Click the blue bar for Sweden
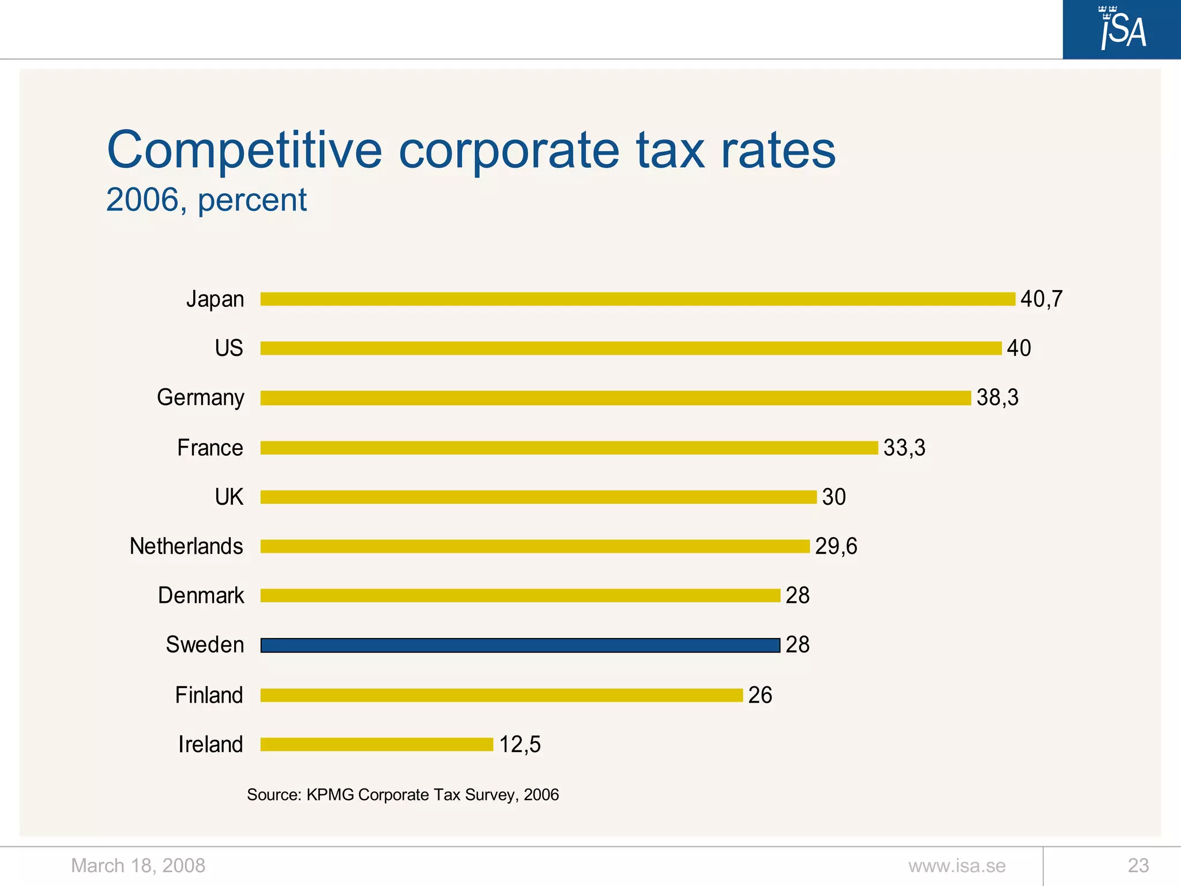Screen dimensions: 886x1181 [x=520, y=645]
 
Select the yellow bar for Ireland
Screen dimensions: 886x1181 [x=377, y=744]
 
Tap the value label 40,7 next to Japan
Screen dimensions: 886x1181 [x=1041, y=299]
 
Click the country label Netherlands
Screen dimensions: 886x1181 [x=186, y=546]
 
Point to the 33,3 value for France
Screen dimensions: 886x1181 [x=904, y=448]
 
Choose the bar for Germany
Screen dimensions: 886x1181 [x=615, y=398]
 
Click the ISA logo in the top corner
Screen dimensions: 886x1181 [x=1122, y=29]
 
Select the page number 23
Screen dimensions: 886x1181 [x=1138, y=865]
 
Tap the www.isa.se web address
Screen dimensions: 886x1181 [x=957, y=865]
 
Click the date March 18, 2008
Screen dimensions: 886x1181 [x=138, y=865]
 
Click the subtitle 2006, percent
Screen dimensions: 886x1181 [x=206, y=200]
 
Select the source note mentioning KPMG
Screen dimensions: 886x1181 [x=403, y=794]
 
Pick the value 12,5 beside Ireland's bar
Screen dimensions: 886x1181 [x=520, y=744]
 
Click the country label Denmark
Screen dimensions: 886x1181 [x=201, y=595]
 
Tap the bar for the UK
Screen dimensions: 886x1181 [x=538, y=497]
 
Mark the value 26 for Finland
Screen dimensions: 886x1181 [x=759, y=695]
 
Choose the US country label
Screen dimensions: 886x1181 [x=228, y=348]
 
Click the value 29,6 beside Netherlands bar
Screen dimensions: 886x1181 [x=836, y=546]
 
